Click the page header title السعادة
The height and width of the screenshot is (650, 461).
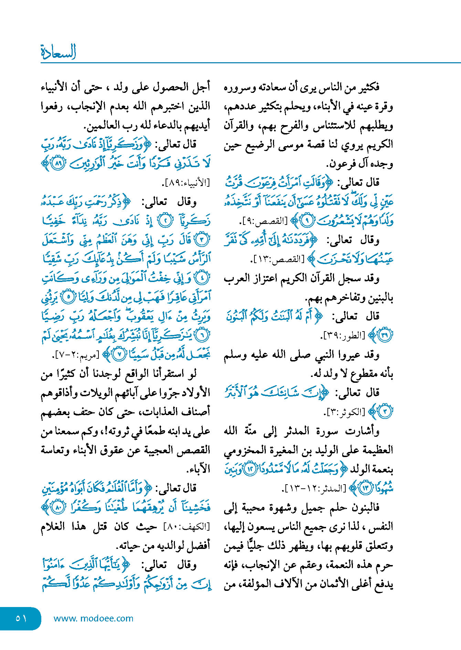58,52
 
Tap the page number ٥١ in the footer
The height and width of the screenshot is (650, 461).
21,618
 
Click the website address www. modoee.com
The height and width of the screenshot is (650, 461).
93,618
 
